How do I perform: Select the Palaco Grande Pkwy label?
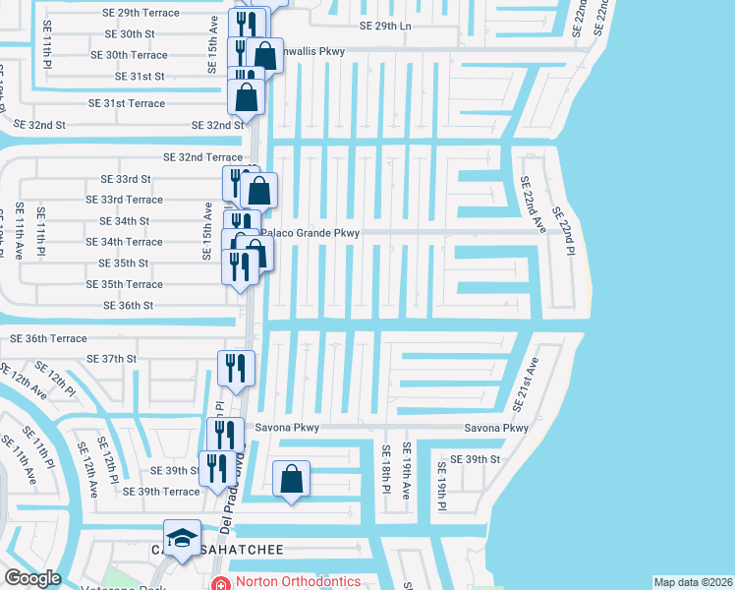tap(311, 233)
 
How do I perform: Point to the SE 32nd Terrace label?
tap(202, 157)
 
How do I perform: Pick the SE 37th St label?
tap(111, 359)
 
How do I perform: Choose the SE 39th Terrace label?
tap(161, 492)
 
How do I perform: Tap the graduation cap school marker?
tap(182, 538)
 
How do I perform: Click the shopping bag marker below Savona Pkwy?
tap(291, 480)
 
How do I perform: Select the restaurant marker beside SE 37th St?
tap(236, 368)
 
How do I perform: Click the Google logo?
tap(31, 578)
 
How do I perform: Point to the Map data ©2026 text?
tap(692, 582)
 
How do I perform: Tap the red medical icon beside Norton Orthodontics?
tap(221, 583)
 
